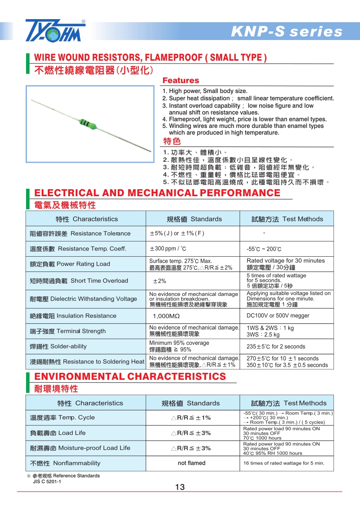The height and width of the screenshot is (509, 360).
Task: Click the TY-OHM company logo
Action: [x=55, y=30]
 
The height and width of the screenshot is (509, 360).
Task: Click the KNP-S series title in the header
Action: [x=287, y=32]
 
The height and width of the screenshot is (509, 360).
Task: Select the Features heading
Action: [x=180, y=80]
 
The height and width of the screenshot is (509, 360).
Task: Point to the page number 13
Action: [x=180, y=487]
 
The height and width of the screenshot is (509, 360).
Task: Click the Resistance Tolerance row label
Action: [x=80, y=234]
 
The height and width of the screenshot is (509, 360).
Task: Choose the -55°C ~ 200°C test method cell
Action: [x=264, y=249]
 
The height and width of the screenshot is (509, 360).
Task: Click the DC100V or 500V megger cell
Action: [x=278, y=316]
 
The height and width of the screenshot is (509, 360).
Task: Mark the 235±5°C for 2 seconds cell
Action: [x=276, y=347]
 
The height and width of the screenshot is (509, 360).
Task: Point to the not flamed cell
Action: [x=191, y=463]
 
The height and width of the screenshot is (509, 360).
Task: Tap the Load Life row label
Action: [x=58, y=433]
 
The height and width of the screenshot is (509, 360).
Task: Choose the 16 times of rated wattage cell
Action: [x=283, y=463]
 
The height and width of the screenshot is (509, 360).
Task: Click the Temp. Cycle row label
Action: [x=62, y=418]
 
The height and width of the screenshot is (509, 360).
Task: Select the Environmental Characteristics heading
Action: [x=130, y=377]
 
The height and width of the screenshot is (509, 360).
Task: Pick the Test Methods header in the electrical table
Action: [x=287, y=219]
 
